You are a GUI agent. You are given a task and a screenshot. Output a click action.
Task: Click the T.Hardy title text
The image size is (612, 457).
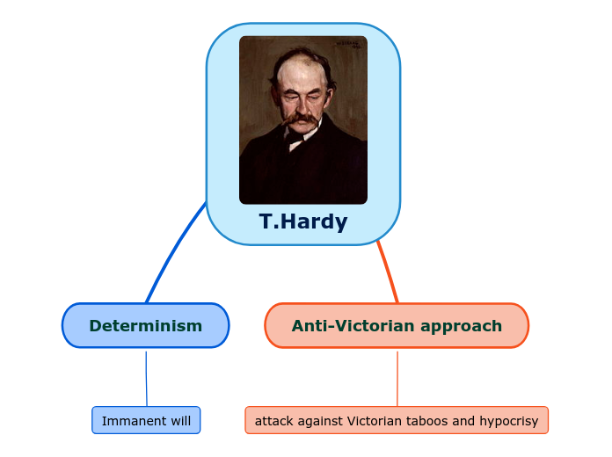[303, 221]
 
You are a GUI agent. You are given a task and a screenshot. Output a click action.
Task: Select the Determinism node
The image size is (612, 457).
[145, 326]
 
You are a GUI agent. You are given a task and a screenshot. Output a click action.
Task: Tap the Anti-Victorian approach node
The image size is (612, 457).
[397, 326]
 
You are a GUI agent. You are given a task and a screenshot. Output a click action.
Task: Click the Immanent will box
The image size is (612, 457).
[146, 421]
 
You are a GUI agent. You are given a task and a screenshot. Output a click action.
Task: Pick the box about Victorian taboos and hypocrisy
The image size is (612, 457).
[397, 421]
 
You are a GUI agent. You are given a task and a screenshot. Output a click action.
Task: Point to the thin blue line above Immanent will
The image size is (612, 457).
[146, 378]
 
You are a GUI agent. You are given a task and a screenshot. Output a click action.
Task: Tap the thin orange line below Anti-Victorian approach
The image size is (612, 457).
[397, 378]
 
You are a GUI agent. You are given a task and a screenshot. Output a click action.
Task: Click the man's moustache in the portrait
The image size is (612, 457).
[300, 115]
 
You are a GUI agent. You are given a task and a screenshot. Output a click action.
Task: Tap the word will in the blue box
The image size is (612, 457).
[180, 421]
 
